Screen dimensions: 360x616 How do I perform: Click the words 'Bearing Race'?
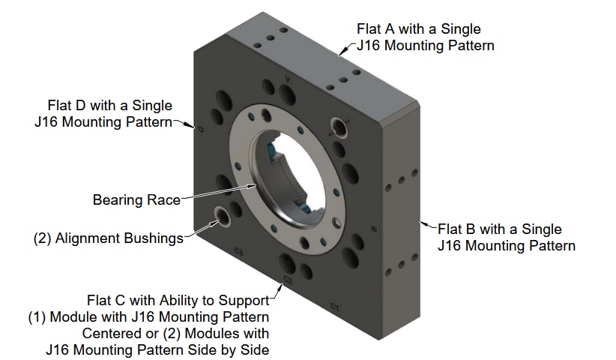pyautogui.click(x=136, y=200)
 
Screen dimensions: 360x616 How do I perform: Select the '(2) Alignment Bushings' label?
pyautogui.click(x=109, y=238)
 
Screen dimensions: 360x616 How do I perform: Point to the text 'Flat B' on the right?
pyautogui.click(x=455, y=229)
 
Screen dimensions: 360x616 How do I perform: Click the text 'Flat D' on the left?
pyautogui.click(x=66, y=105)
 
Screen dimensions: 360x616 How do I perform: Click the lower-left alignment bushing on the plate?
pyautogui.click(x=223, y=217)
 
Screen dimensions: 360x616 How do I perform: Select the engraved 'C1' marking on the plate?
pyautogui.click(x=335, y=307)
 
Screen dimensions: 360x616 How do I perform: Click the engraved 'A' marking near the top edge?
pyautogui.click(x=289, y=78)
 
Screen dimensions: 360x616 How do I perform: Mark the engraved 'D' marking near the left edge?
pyautogui.click(x=200, y=128)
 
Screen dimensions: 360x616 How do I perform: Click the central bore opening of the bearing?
pyautogui.click(x=292, y=172)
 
